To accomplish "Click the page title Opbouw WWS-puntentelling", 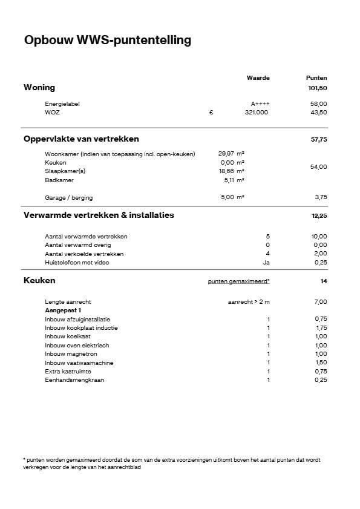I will pyautogui.click(x=107, y=41).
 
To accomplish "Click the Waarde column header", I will pyautogui.click(x=258, y=78).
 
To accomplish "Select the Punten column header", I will pyautogui.click(x=316, y=78).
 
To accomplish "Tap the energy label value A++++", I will pyautogui.click(x=259, y=104).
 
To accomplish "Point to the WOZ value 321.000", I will pyautogui.click(x=257, y=113).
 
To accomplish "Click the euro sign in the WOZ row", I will pyautogui.click(x=211, y=113).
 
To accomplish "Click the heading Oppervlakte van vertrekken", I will pyautogui.click(x=81, y=139).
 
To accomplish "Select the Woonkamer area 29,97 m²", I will pyautogui.click(x=231, y=154).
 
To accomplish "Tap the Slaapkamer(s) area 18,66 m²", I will pyautogui.click(x=231, y=171).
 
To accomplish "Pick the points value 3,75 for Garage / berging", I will pyautogui.click(x=321, y=197).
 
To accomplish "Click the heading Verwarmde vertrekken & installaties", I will pyautogui.click(x=99, y=215).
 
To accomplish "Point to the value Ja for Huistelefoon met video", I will pyautogui.click(x=266, y=263).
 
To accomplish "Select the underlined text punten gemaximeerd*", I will pyautogui.click(x=238, y=281).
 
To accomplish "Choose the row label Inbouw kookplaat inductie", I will pyautogui.click(x=81, y=328).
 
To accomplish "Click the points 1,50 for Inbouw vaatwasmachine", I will pyautogui.click(x=321, y=363).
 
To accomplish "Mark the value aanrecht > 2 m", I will pyautogui.click(x=248, y=301).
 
